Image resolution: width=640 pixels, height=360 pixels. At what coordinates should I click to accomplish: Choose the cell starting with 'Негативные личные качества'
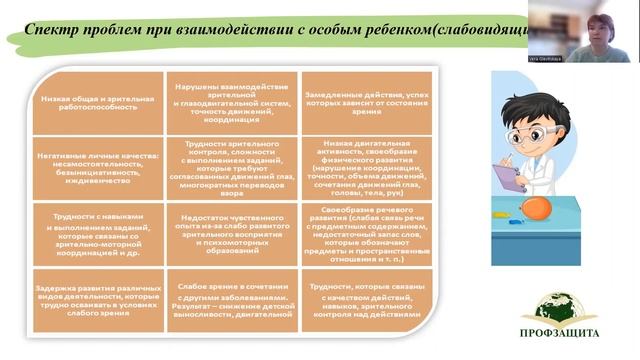[x=98, y=166]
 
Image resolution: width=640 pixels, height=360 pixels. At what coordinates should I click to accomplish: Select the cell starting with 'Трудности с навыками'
[x=98, y=234]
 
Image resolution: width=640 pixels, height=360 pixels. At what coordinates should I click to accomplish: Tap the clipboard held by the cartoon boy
[x=509, y=179]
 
